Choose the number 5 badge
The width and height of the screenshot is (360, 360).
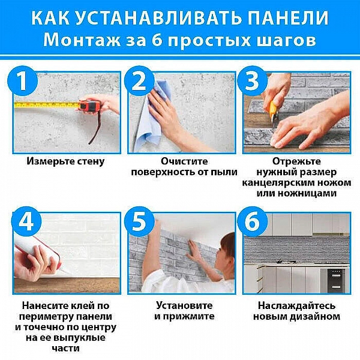click(x=139, y=223)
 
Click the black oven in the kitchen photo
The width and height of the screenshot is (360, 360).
click(x=335, y=277)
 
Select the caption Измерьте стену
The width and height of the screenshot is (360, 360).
click(x=66, y=161)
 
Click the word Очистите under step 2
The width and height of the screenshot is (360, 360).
click(x=184, y=161)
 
